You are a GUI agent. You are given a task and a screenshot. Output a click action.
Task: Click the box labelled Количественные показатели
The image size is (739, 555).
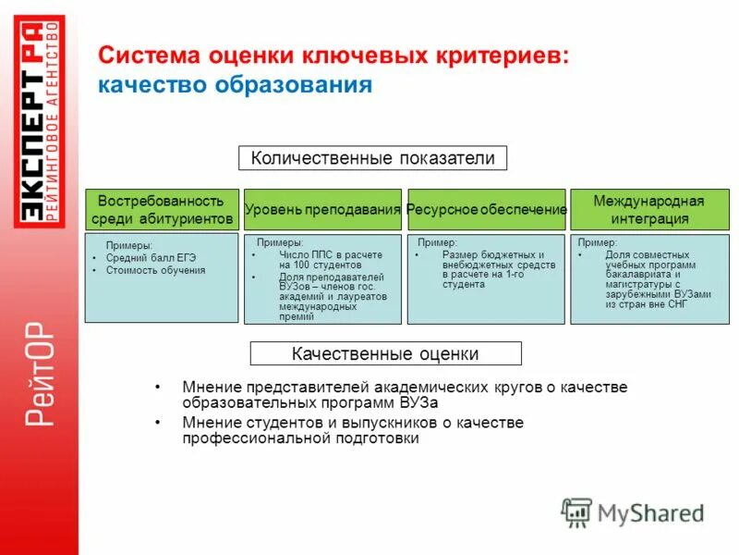373,158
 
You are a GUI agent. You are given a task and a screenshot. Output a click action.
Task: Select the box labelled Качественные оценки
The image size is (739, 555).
385,353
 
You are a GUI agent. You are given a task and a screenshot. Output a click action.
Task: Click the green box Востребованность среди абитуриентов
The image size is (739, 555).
162,210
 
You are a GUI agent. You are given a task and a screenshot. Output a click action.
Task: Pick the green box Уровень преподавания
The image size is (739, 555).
322,210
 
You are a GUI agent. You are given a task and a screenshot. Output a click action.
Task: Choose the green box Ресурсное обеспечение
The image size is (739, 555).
486,210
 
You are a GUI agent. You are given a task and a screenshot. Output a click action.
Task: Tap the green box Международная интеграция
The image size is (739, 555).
648,210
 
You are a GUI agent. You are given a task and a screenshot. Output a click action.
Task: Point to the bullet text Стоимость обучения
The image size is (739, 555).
155,271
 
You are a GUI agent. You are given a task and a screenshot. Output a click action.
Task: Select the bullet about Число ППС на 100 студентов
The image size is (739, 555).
319,259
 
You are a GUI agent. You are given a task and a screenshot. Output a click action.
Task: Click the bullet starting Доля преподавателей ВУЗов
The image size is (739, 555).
323,296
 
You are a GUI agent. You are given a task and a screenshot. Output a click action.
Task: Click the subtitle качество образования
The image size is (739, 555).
236,85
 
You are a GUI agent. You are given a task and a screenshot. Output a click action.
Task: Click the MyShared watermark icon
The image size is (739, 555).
576,512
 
